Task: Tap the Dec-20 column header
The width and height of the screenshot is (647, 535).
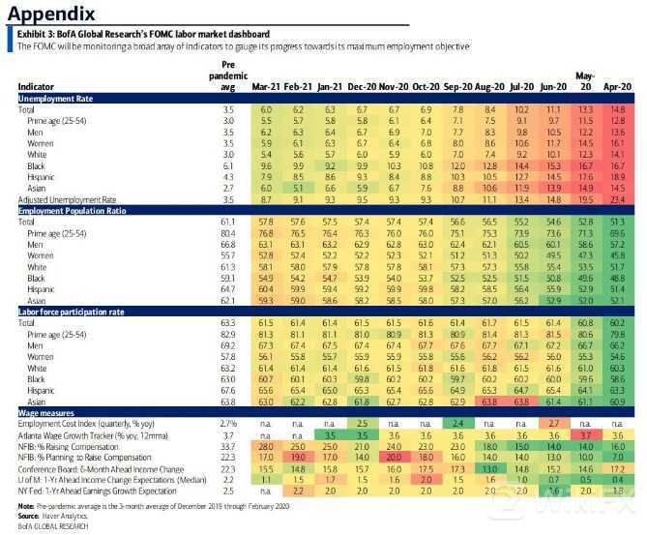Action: [x=362, y=87]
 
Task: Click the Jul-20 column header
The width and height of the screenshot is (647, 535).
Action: [x=521, y=87]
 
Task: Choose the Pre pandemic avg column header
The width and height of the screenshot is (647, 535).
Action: [x=223, y=75]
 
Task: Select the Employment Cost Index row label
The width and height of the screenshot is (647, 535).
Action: [x=81, y=423]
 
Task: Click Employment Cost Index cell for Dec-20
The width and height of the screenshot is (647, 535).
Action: [x=362, y=423]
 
